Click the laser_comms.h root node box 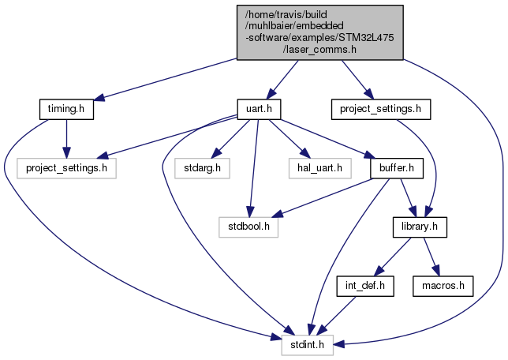pyautogui.click(x=320, y=31)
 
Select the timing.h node pyautogui.click(x=66, y=109)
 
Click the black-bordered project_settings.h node pyautogui.click(x=380, y=109)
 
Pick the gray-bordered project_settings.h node pyautogui.click(x=66, y=167)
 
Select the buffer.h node pyautogui.click(x=398, y=167)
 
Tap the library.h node pyautogui.click(x=420, y=226)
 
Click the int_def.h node pyautogui.click(x=364, y=284)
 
